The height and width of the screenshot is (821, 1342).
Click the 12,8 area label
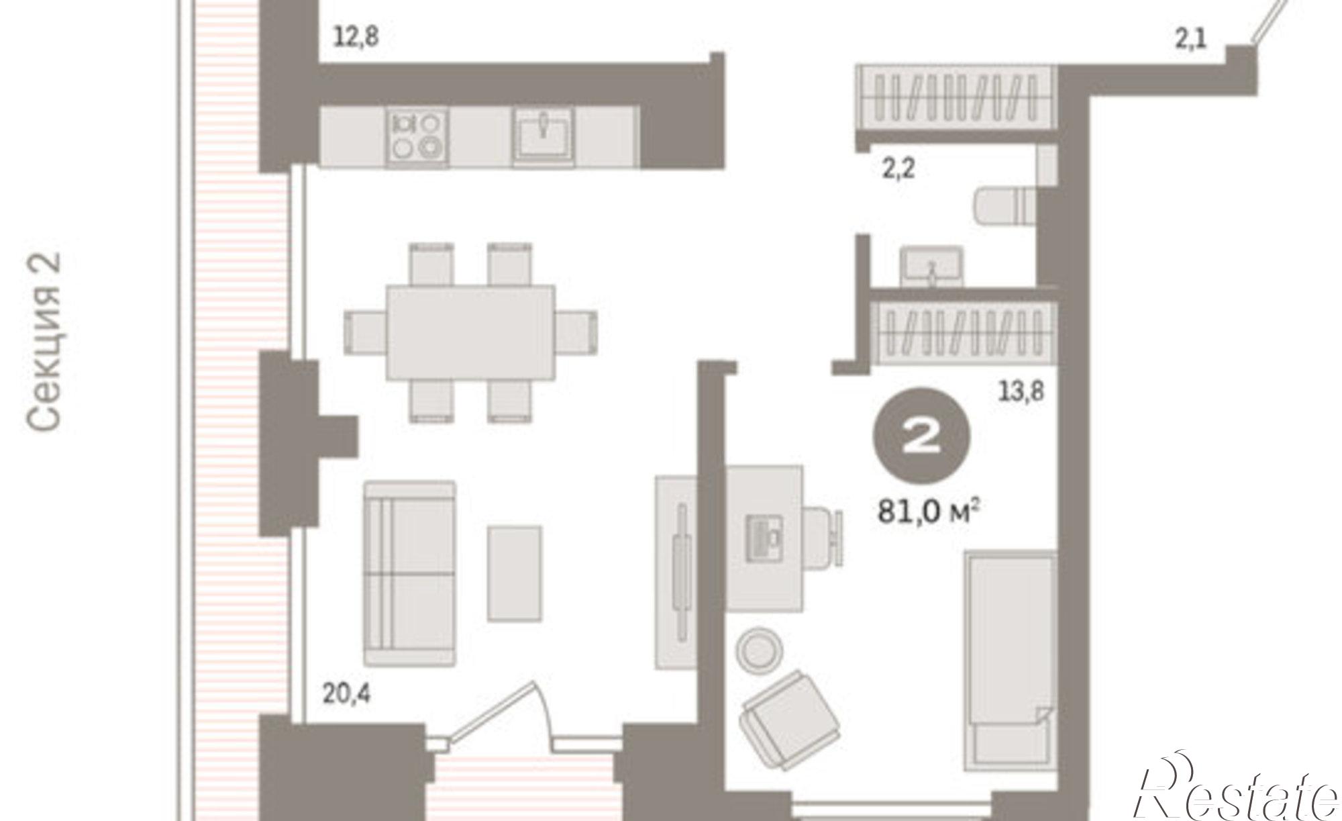pyautogui.click(x=356, y=36)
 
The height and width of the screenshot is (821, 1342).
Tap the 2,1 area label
pyautogui.click(x=1190, y=39)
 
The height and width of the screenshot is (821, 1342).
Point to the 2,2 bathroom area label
pyautogui.click(x=898, y=168)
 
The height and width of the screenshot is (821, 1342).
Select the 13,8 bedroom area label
pyautogui.click(x=1021, y=391)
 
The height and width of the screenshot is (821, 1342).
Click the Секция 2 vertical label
pyautogui.click(x=45, y=342)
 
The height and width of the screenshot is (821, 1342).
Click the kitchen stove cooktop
pyautogui.click(x=417, y=136)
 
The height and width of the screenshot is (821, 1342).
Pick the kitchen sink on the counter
pyautogui.click(x=543, y=136)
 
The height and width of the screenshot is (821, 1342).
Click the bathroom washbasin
pyautogui.click(x=931, y=267)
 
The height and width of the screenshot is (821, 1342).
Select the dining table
pyautogui.click(x=470, y=332)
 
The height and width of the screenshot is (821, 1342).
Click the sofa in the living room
pyautogui.click(x=409, y=574)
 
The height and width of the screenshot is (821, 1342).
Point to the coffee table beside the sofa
pyautogui.click(x=515, y=573)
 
